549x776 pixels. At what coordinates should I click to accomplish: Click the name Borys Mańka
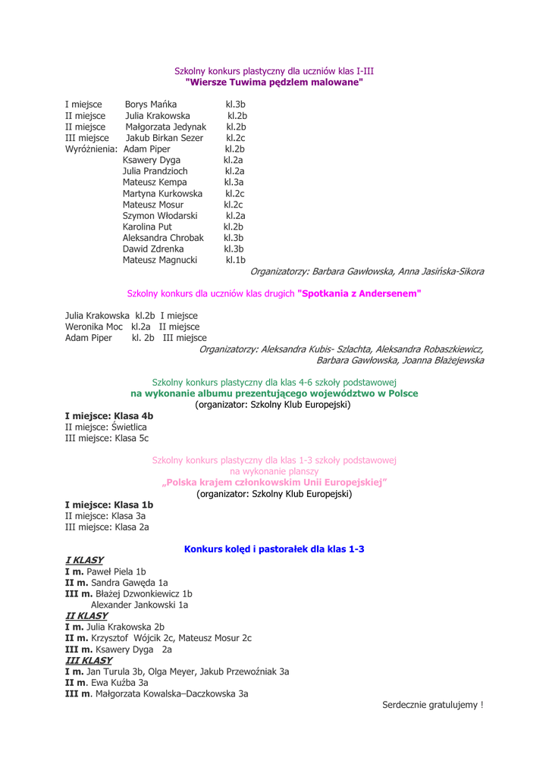(151, 104)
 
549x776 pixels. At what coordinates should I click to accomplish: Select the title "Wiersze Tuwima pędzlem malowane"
(274, 82)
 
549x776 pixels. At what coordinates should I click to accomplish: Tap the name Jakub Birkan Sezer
(164, 138)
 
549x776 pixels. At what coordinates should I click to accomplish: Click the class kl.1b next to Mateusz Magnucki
(236, 260)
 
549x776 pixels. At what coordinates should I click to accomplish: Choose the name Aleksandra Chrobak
(163, 237)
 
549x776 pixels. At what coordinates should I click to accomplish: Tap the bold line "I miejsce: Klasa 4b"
(109, 415)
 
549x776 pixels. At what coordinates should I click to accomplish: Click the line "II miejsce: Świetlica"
(105, 427)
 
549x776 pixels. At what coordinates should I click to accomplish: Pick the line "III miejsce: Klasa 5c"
(107, 438)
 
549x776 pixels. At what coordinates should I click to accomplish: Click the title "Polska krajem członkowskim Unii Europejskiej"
(274, 482)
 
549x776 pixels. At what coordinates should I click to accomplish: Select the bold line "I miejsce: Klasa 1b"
(109, 504)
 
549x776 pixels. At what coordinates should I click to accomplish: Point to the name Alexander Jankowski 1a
(140, 605)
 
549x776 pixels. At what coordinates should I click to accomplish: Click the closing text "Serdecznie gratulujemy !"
(433, 705)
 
